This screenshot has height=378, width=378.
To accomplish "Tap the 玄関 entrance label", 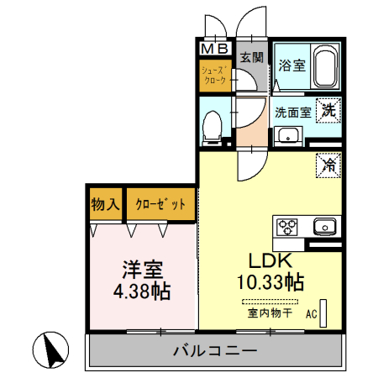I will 251,58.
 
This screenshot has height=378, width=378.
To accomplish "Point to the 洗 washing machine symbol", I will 330,109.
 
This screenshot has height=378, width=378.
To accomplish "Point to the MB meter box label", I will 215,49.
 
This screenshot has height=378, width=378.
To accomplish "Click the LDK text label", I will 270,260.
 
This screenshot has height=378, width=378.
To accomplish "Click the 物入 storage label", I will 105,204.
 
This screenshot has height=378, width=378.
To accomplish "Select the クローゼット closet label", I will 161,204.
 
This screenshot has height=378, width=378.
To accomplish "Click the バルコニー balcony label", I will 210,350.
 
